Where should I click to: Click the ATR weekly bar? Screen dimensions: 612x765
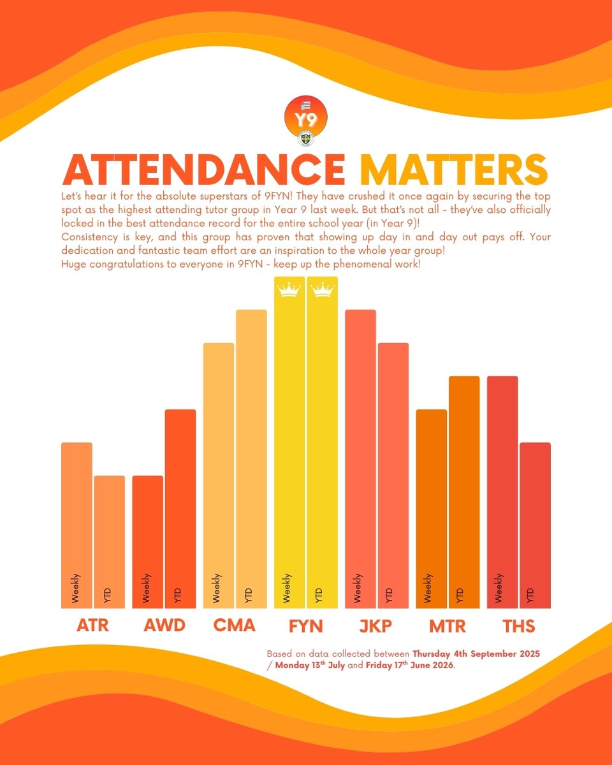[x=76, y=525]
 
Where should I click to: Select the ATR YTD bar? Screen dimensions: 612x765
[x=110, y=542]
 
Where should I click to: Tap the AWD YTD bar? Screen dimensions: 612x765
[x=180, y=509]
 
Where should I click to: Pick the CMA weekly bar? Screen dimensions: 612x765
[x=218, y=476]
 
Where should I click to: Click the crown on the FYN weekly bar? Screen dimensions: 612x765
[x=289, y=289]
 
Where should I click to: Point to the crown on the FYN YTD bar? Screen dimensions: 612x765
[x=323, y=289]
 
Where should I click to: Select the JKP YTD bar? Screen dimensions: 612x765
[x=393, y=476]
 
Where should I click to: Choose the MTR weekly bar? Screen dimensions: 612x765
[x=432, y=509]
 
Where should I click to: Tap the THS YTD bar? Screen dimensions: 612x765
[x=535, y=525]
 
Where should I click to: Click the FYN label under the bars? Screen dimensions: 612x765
[x=306, y=626]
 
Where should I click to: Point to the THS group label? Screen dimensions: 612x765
[x=519, y=626]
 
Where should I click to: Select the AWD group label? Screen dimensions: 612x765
[x=164, y=625]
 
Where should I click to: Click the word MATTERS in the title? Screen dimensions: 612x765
[x=454, y=170]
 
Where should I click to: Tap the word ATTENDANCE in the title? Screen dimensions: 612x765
[x=204, y=170]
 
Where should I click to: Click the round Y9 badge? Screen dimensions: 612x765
[x=306, y=117]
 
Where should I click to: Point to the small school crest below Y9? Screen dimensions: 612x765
[x=305, y=138]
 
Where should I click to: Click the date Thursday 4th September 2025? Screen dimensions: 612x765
[x=476, y=654]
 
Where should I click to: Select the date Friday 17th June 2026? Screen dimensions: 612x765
[x=410, y=666]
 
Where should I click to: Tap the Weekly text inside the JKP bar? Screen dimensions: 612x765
[x=358, y=588]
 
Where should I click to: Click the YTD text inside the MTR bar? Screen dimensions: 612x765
[x=460, y=595]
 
